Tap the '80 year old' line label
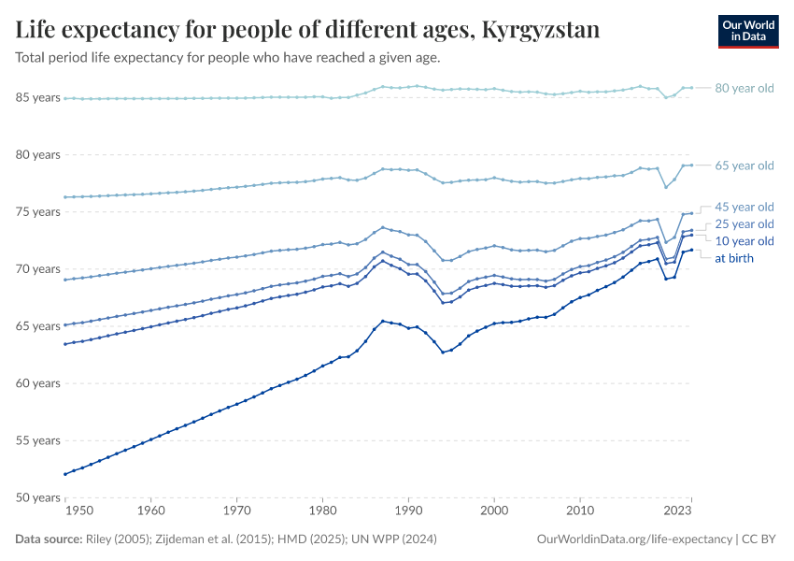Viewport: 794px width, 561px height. click(744, 88)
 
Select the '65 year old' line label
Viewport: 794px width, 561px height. click(744, 165)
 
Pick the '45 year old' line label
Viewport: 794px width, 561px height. click(744, 207)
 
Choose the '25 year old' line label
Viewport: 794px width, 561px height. click(744, 224)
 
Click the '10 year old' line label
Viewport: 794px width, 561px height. click(744, 241)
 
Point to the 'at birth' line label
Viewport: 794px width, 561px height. click(734, 258)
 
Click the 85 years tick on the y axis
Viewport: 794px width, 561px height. click(38, 97)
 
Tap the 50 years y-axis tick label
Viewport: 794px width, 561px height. click(38, 497)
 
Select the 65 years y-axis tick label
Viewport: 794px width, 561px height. click(38, 326)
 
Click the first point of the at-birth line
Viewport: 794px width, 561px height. click(64, 474)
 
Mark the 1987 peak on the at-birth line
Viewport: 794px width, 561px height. click(383, 321)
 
